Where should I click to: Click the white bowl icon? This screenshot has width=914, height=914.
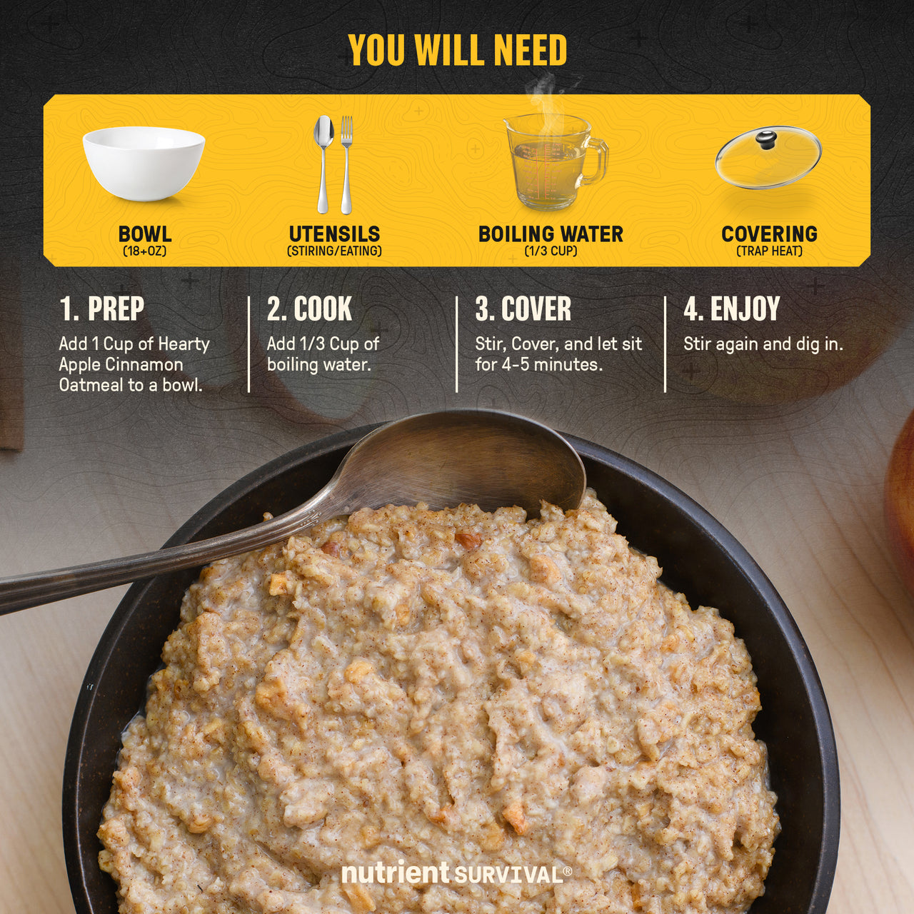pos(144,164)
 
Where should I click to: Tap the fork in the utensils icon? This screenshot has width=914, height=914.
pos(347,164)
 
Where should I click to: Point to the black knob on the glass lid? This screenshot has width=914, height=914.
pos(766,140)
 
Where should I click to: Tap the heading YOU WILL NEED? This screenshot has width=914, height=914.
pos(457,50)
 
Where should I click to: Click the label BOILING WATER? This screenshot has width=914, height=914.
pos(551,233)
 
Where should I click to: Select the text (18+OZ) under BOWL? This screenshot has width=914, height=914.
pos(145,251)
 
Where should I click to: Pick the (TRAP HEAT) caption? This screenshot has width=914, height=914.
pos(769,251)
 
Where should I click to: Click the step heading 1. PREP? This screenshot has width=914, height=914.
pos(101,308)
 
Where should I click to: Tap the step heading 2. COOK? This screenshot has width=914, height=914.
pos(309,308)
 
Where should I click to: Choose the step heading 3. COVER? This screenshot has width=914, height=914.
pos(523,308)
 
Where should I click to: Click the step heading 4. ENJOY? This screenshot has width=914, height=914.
pos(731,308)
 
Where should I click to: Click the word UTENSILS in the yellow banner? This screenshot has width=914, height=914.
pos(334,233)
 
